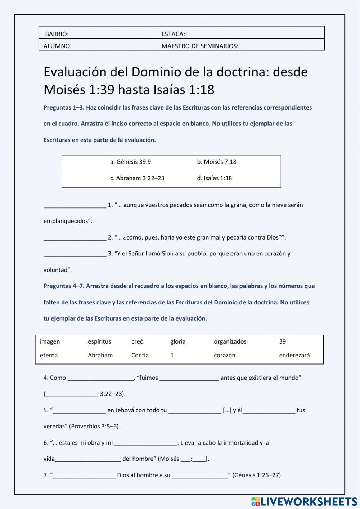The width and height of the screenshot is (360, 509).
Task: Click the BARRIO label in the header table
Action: click(57, 34)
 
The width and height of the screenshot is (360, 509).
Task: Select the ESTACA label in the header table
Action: click(173, 34)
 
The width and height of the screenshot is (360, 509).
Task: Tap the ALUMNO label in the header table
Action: click(58, 46)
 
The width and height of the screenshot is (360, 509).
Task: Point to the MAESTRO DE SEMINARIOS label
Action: click(200, 46)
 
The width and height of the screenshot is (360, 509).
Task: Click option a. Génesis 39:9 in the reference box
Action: click(130, 162)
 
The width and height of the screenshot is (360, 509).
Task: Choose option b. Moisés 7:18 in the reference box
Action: click(216, 162)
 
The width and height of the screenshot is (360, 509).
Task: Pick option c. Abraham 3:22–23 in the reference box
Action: click(137, 178)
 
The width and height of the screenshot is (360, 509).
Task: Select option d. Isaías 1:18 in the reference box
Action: click(214, 178)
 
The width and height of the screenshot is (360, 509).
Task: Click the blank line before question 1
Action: click(75, 206)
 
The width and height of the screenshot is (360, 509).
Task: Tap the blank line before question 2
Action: click(75, 238)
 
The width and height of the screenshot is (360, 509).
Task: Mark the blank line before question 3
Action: click(75, 254)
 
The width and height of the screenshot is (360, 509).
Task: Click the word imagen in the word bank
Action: click(50, 341)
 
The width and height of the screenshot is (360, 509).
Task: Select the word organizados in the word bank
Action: click(230, 341)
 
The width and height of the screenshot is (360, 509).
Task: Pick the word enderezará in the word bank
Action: click(294, 355)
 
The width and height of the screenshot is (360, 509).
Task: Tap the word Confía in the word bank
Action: click(140, 355)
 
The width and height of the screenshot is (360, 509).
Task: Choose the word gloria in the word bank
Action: click(178, 341)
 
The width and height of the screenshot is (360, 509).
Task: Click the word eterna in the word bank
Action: click(49, 355)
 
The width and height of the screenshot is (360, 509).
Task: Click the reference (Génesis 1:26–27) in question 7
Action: click(257, 475)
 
